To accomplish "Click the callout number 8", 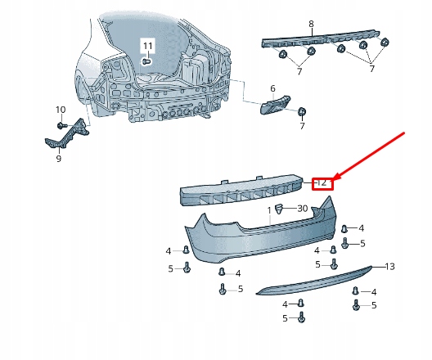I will click(x=310, y=24).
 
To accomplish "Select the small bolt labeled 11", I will click(x=146, y=61).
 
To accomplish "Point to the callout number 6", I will click(x=273, y=88).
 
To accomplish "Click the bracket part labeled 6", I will click(x=274, y=107).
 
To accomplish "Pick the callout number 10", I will click(x=61, y=110).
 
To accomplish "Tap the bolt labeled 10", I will click(x=63, y=124).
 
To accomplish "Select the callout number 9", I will click(x=58, y=159).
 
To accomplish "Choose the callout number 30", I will click(x=302, y=209).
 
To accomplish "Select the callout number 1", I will click(x=268, y=210).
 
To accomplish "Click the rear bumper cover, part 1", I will click(x=245, y=237).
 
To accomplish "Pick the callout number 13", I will click(x=389, y=266).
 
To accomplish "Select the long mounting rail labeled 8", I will click(x=319, y=41).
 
